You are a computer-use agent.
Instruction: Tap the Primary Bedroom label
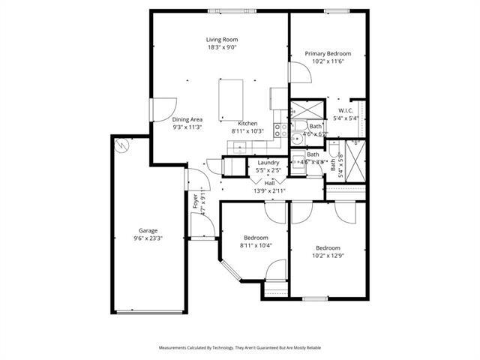328,53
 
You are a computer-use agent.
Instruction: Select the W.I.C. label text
345,110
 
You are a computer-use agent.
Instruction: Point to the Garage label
148,230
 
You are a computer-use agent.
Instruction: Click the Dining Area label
187,119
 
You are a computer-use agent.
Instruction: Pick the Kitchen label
247,124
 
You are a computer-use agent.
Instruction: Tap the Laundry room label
268,163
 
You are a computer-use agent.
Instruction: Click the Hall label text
269,182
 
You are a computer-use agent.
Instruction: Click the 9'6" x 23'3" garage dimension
148,238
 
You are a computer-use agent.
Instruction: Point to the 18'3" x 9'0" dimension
222,48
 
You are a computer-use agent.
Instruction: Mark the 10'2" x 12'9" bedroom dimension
328,256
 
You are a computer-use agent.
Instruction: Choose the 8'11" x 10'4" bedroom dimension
256,245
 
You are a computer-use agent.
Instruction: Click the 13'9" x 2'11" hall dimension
269,190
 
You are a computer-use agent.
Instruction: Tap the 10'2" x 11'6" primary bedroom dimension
328,61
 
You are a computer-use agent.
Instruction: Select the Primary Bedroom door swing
298,73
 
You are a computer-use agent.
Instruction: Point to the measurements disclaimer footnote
240,348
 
